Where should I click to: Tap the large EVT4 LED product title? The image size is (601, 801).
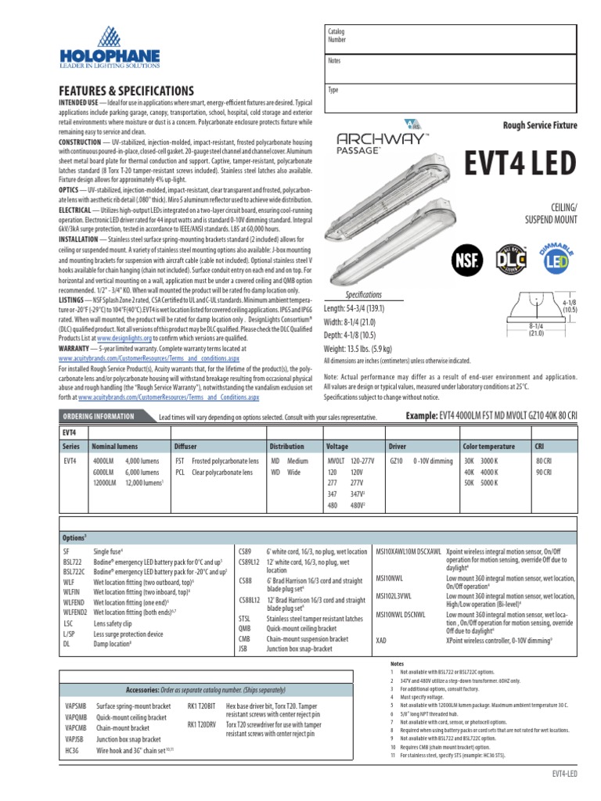pyautogui.click(x=520, y=163)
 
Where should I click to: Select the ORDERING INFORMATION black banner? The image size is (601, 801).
pyautogui.click(x=104, y=415)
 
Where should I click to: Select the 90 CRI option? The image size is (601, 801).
pyautogui.click(x=542, y=472)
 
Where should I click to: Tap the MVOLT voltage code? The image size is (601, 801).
pyautogui.click(x=337, y=461)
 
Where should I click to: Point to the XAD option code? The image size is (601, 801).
pyautogui.click(x=383, y=639)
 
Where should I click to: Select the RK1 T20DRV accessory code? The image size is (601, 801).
pyautogui.click(x=202, y=724)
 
